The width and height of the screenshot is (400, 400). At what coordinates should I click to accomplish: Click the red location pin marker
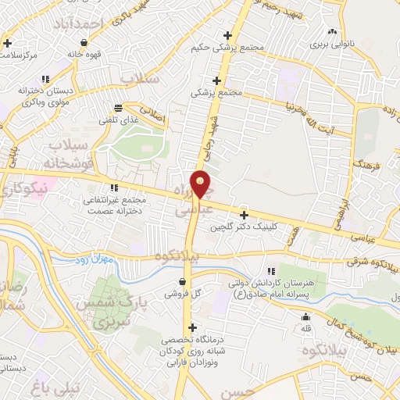tap(202, 184)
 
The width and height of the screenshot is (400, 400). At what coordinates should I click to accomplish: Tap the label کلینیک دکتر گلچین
tap(244, 228)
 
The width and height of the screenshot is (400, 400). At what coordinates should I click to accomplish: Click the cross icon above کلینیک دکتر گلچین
tap(244, 215)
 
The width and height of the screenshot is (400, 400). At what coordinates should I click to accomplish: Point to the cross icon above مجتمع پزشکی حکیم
tap(227, 35)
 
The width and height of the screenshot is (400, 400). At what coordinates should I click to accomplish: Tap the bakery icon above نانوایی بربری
tap(334, 32)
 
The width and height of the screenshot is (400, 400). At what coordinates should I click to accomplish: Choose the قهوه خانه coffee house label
tap(84, 55)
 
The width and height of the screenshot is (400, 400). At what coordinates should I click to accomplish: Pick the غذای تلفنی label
tap(117, 120)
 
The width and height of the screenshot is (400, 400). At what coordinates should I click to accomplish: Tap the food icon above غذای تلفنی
tap(117, 107)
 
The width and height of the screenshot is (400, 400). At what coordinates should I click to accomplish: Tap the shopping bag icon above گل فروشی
tap(181, 281)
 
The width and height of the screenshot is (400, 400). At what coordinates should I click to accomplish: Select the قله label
tap(306, 330)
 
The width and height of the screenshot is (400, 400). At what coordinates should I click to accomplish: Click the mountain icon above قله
tap(306, 317)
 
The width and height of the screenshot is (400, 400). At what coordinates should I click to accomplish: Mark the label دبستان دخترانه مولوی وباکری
tap(47, 96)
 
